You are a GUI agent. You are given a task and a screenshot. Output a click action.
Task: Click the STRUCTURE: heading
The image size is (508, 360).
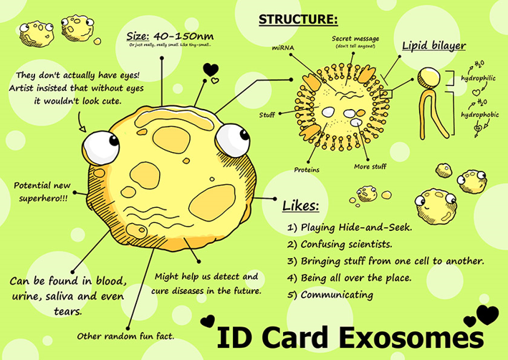297,18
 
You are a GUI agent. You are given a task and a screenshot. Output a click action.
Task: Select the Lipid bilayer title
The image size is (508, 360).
433,47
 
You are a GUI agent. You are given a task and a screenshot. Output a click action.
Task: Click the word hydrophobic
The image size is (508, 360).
479,113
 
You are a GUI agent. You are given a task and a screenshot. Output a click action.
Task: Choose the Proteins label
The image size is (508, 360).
307,169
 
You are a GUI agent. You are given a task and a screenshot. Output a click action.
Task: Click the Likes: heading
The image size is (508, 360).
301,206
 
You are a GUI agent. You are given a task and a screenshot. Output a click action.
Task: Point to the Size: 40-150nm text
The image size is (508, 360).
170,36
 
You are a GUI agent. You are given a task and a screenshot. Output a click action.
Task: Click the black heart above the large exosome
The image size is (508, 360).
211,70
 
